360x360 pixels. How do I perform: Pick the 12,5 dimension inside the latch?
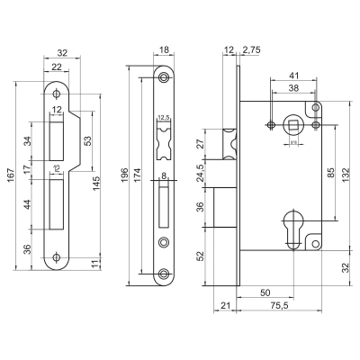pyautogui.click(x=163, y=119)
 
